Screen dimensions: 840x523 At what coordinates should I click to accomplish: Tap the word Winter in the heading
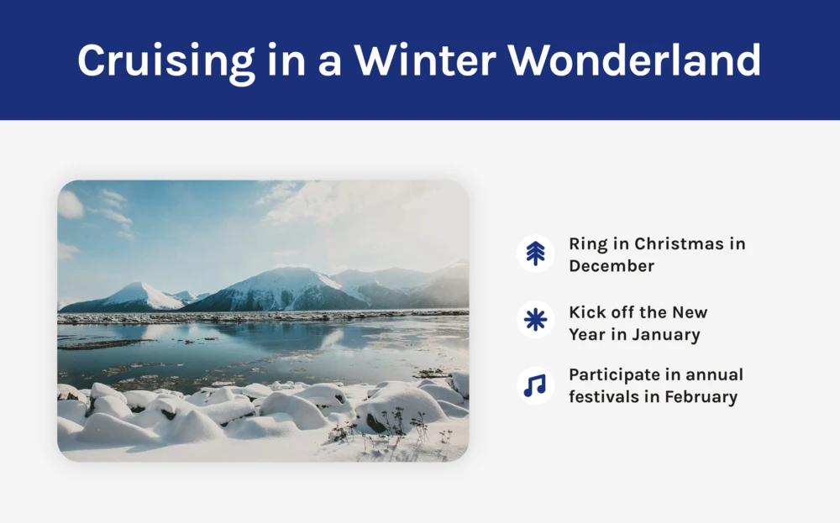pyautogui.click(x=424, y=60)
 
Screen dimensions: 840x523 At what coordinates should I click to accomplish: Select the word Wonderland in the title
pyautogui.click(x=634, y=60)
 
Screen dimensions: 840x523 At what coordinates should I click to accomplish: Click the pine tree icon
pyautogui.click(x=535, y=254)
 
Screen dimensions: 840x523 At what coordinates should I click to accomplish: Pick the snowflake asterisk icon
pyautogui.click(x=535, y=320)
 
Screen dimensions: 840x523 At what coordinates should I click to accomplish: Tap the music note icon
pyautogui.click(x=534, y=384)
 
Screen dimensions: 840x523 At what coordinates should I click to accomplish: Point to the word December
pyautogui.click(x=612, y=265)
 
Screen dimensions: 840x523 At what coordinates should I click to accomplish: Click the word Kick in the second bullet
pyautogui.click(x=584, y=312)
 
